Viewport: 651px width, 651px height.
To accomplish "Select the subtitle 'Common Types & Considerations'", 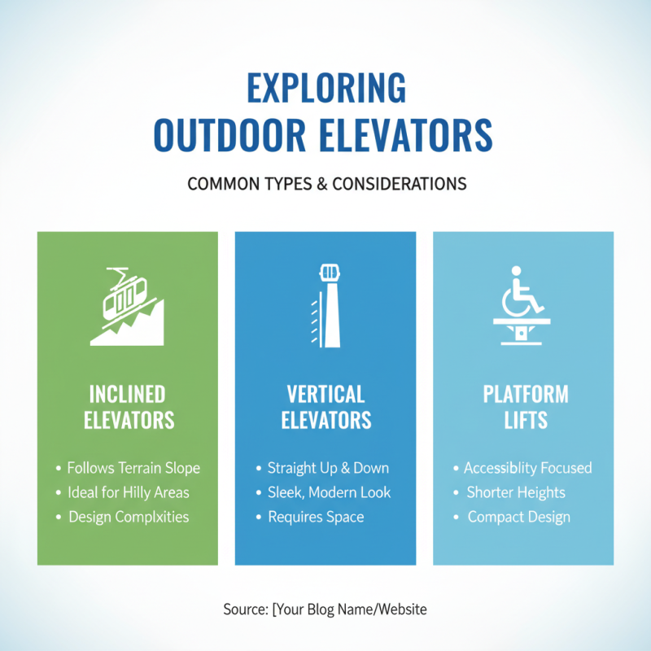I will click(x=326, y=183).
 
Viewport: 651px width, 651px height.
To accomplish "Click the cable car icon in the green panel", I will click(x=127, y=304).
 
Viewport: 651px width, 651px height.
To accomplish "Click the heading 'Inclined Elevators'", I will click(x=128, y=407).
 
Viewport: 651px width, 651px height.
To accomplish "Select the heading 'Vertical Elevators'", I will click(x=325, y=407).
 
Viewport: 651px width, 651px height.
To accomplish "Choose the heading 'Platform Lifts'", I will click(x=526, y=407).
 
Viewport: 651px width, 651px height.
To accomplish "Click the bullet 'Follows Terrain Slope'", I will click(x=133, y=468).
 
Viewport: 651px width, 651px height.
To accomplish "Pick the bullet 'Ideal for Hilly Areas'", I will click(x=129, y=492).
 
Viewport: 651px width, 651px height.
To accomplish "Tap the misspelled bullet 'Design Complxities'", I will click(x=129, y=517).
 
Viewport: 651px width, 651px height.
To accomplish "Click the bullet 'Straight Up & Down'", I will click(x=328, y=468).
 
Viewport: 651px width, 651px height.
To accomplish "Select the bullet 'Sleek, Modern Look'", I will click(x=329, y=492).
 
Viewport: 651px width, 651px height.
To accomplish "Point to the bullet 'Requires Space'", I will click(x=316, y=517).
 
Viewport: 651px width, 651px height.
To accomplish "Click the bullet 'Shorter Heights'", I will click(x=515, y=492).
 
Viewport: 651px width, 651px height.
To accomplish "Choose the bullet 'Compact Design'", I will click(x=518, y=517).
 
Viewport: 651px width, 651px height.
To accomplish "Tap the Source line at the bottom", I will click(x=325, y=609).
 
